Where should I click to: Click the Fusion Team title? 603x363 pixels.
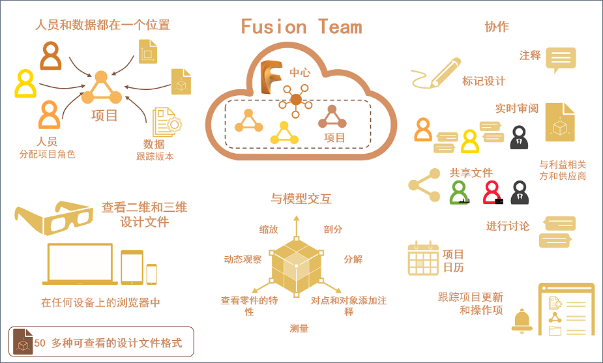pyautogui.click(x=301, y=27)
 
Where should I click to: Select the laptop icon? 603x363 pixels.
pyautogui.click(x=80, y=265)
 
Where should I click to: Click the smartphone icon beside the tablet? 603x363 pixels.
pyautogui.click(x=151, y=274)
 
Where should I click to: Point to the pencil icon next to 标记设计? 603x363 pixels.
pyautogui.click(x=437, y=73)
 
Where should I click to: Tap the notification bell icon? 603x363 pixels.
pyautogui.click(x=522, y=321)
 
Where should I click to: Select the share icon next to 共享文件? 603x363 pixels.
pyautogui.click(x=424, y=185)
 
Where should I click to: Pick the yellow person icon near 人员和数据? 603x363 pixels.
pyautogui.click(x=25, y=83)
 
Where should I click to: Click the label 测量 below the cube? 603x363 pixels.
pyautogui.click(x=299, y=328)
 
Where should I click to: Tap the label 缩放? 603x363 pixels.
pyautogui.click(x=269, y=229)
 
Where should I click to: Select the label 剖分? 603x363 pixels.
pyautogui.click(x=332, y=229)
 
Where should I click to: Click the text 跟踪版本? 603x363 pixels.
pyautogui.click(x=155, y=156)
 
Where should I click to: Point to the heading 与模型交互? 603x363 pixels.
pyautogui.click(x=301, y=199)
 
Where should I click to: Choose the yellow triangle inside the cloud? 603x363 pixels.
pyautogui.click(x=284, y=134)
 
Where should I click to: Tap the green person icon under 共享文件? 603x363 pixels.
pyautogui.click(x=460, y=192)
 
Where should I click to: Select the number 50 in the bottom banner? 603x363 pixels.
pyautogui.click(x=40, y=343)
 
